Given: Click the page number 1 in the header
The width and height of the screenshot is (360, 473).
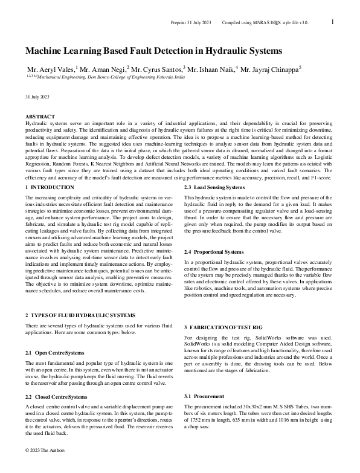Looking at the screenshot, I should pyautogui.click(x=333, y=22).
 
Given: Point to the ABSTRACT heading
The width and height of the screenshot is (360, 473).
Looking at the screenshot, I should pyautogui.click(x=40, y=116).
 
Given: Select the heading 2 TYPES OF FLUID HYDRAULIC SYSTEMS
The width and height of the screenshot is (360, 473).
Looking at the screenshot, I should pyautogui.click(x=80, y=315).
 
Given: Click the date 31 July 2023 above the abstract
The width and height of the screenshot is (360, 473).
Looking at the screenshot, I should pyautogui.click(x=37, y=97).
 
